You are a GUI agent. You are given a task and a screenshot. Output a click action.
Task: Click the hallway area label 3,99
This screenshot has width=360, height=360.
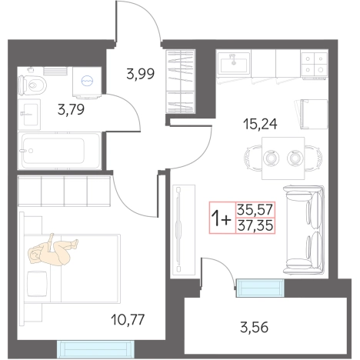(x=141, y=74)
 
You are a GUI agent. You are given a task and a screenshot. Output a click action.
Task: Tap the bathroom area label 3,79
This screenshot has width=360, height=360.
(x=71, y=109)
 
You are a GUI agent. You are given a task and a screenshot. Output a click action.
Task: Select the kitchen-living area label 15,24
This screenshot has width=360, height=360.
(x=260, y=124)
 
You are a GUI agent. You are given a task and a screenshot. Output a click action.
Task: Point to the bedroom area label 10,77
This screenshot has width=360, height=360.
(x=128, y=319)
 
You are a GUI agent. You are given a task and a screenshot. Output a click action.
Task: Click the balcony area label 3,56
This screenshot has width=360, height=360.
(x=255, y=327)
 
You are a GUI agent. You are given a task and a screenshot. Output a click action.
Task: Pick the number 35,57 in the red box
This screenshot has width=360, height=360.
(x=255, y=209)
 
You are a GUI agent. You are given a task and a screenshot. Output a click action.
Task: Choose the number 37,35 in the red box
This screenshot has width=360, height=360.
(x=255, y=225)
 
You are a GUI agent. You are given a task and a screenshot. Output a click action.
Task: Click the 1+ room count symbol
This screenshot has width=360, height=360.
(x=221, y=218)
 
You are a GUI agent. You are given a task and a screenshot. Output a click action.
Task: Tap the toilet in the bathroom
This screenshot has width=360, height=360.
(x=32, y=84)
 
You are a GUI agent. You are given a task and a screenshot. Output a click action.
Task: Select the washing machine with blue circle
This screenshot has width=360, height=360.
(x=87, y=82)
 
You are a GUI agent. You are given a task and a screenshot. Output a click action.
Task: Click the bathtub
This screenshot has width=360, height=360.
(x=59, y=151)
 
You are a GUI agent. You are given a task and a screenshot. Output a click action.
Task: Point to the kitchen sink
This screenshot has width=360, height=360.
(x=234, y=64)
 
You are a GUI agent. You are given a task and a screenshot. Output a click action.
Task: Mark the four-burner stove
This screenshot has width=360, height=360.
(x=314, y=64)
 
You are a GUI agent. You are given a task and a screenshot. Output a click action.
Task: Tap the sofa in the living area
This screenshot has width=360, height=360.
(x=304, y=229)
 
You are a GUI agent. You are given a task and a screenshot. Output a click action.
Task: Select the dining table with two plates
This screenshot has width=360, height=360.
(x=283, y=158)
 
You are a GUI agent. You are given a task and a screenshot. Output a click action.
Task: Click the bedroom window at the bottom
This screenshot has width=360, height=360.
(x=95, y=349)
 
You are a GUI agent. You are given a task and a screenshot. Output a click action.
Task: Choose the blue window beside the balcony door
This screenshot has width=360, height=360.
(x=260, y=288)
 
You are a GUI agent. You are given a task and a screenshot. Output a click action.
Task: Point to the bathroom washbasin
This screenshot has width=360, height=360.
(x=29, y=115)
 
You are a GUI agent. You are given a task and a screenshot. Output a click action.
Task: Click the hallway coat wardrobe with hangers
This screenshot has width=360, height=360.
(x=181, y=82)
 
